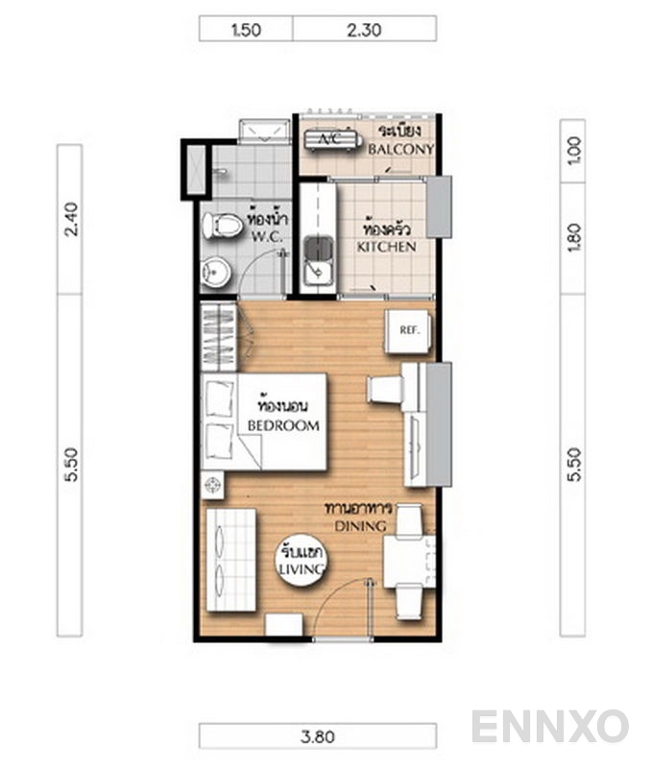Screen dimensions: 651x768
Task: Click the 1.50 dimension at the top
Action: click(x=246, y=30)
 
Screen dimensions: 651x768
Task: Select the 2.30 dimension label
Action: click(x=364, y=30)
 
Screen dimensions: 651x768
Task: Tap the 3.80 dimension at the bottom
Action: click(x=318, y=736)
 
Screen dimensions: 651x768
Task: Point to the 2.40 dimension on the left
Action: click(x=71, y=220)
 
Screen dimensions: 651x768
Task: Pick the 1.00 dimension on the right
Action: click(x=574, y=151)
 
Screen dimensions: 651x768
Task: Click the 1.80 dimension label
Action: click(x=574, y=238)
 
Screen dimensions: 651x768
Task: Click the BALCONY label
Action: click(x=400, y=149)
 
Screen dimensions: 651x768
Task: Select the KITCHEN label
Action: click(x=387, y=247)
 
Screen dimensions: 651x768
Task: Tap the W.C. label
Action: click(x=267, y=237)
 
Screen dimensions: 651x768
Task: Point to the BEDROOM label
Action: click(x=283, y=425)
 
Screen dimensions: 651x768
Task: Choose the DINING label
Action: click(x=360, y=526)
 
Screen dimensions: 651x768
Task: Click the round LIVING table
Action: click(x=301, y=559)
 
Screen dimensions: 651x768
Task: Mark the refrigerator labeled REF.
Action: click(x=408, y=331)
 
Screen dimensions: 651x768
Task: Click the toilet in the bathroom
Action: click(x=223, y=226)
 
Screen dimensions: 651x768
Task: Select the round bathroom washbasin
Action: click(x=215, y=273)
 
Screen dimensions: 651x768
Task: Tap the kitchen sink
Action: click(x=319, y=261)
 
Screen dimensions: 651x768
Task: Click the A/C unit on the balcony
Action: click(x=332, y=140)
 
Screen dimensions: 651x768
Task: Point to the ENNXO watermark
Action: click(x=549, y=727)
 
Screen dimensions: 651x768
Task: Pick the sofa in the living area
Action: click(x=231, y=560)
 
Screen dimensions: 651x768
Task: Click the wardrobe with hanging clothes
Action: click(x=219, y=337)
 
